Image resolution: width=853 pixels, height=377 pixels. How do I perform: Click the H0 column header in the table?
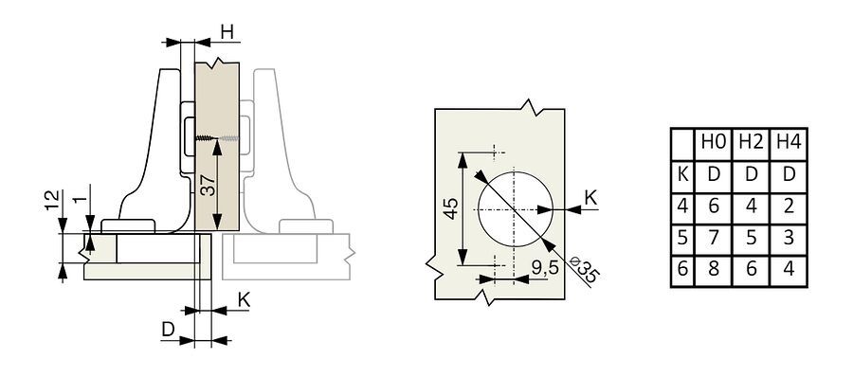[714, 143]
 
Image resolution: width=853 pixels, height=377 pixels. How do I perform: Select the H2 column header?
[752, 143]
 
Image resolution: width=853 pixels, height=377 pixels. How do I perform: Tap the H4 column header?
[789, 143]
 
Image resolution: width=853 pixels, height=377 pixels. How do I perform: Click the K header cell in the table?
[682, 175]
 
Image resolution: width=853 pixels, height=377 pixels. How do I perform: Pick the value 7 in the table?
[714, 239]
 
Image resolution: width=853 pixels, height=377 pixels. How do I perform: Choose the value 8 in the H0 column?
[714, 270]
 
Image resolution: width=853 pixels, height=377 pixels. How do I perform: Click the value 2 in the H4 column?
[789, 206]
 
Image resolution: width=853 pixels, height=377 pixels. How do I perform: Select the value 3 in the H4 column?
[789, 239]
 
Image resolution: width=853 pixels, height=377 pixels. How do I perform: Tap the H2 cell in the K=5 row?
[752, 239]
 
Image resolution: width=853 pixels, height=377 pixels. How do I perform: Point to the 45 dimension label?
[451, 209]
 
